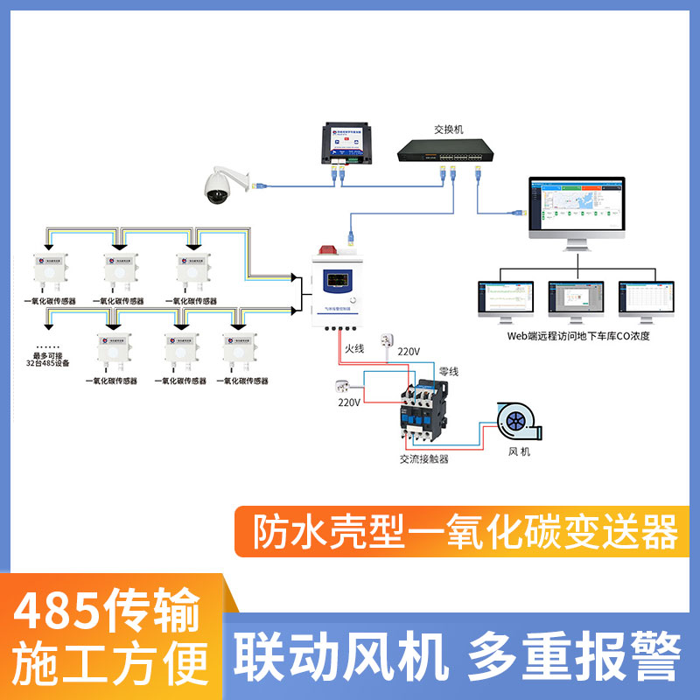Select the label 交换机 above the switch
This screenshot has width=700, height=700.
(x=448, y=129)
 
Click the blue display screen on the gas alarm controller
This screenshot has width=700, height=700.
(x=338, y=282)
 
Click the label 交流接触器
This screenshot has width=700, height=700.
(x=423, y=458)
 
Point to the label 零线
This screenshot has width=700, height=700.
(x=449, y=372)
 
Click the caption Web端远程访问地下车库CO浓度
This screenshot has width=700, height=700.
(x=578, y=335)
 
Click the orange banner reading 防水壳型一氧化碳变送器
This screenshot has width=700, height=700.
(x=465, y=530)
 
